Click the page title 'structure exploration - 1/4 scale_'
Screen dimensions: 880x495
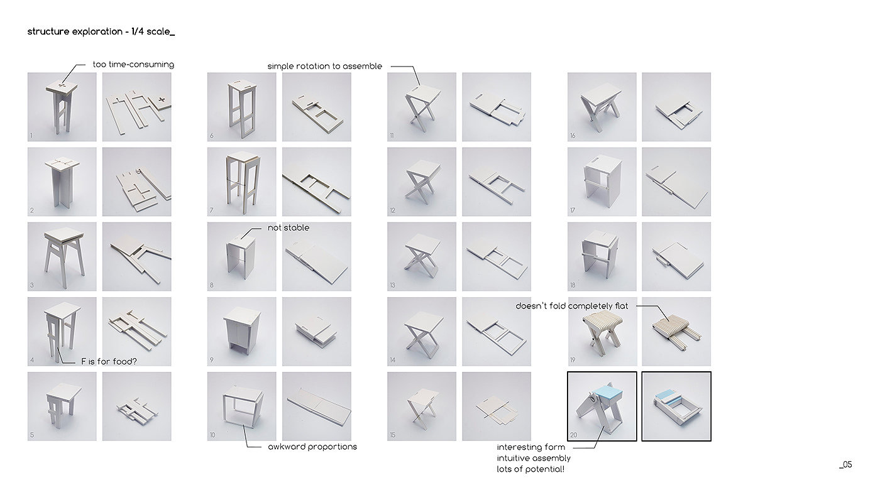coord(101,32)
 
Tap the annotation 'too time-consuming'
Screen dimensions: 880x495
coord(133,64)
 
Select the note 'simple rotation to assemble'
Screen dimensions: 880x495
coord(324,67)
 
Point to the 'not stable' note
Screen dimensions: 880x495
coord(289,227)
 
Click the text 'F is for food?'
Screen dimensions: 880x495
coord(109,362)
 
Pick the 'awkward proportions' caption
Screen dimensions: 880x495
coord(312,447)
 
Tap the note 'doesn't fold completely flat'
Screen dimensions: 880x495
coord(571,306)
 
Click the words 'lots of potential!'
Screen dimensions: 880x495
coord(531,469)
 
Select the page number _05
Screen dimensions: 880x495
coord(845,465)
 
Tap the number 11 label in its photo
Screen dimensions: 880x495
coord(392,136)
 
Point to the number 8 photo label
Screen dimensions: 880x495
coord(212,285)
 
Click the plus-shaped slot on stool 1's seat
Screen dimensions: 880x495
coord(61,85)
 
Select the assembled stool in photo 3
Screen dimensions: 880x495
coord(64,255)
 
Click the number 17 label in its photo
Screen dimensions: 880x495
coord(573,210)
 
